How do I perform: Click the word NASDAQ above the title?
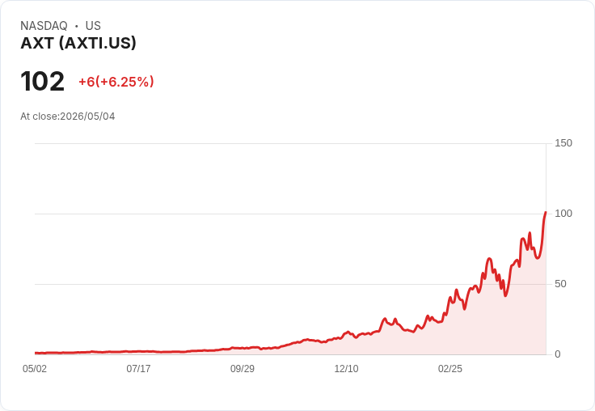[44, 26]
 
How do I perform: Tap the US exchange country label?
[93, 26]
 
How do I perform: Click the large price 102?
[43, 81]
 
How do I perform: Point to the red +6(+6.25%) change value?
[116, 82]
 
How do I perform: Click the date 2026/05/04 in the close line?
[87, 117]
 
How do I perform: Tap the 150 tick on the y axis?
[563, 143]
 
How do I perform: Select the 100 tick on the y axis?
[563, 214]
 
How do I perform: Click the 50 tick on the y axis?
[560, 284]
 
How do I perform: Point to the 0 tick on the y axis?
[558, 354]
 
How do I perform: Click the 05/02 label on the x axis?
[35, 368]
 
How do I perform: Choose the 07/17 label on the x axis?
[138, 368]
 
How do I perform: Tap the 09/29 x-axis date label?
[243, 368]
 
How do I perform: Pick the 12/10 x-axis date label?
[346, 368]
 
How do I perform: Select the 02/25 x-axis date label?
[450, 368]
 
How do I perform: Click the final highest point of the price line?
[546, 212]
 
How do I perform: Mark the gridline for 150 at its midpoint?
[291, 143]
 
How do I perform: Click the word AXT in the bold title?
[37, 43]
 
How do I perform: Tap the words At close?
[39, 117]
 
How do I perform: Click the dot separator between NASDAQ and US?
[76, 26]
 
